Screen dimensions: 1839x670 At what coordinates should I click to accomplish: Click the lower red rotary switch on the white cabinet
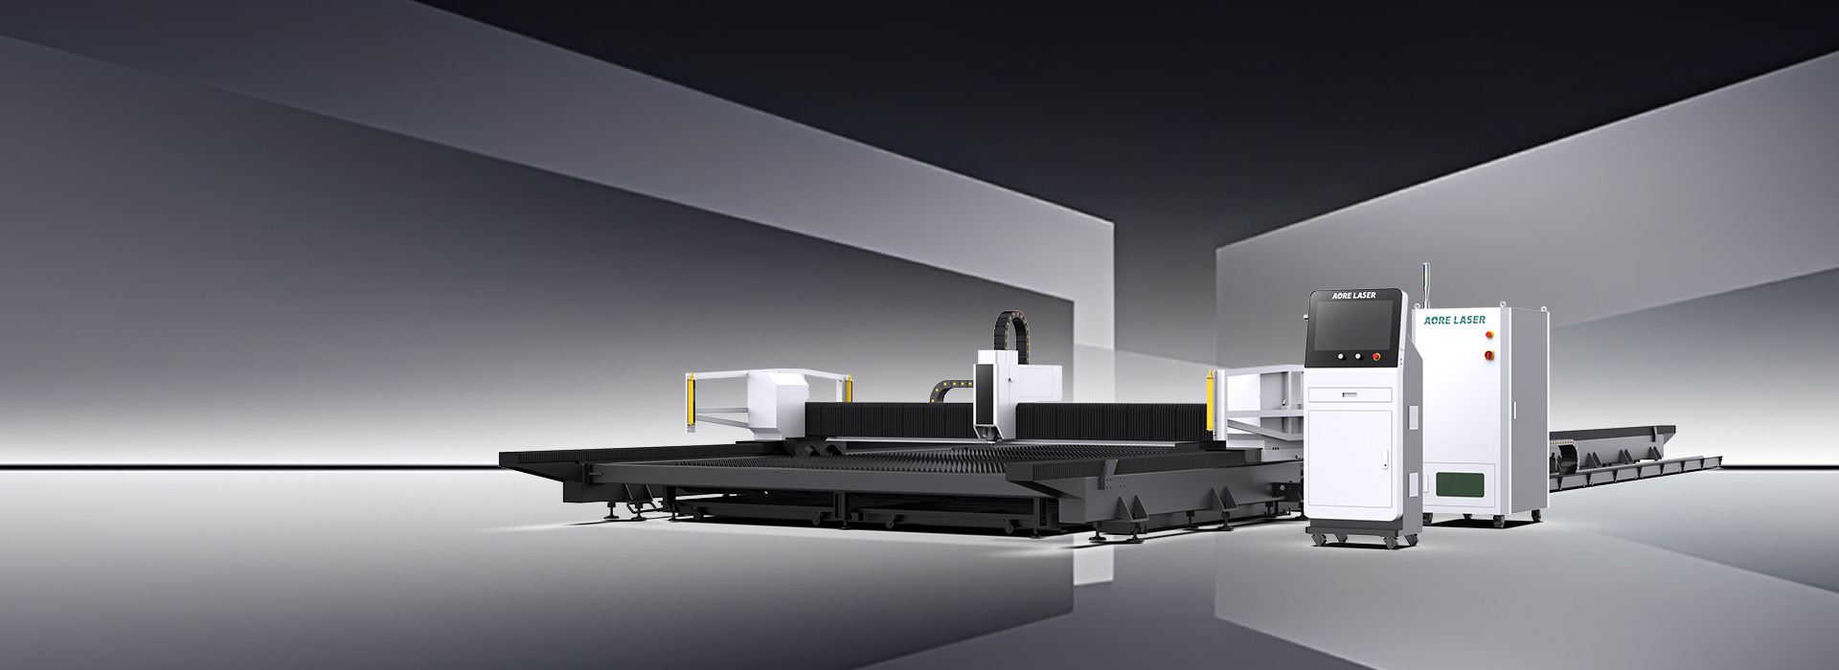(1487, 355)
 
